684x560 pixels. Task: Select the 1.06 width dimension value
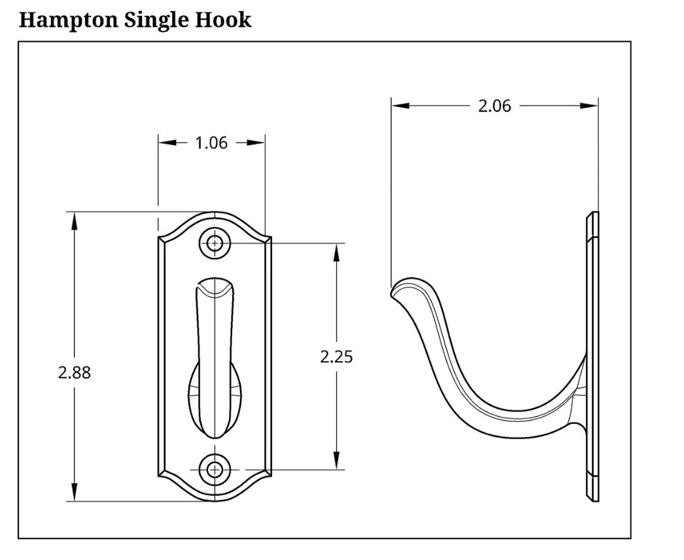pos(211,143)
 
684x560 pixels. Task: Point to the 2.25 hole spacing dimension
pos(336,357)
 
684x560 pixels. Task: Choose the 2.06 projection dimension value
pos(494,105)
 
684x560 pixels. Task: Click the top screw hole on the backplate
pos(214,243)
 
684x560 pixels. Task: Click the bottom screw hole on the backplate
pos(214,470)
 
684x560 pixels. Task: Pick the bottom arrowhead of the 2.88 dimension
pos(74,493)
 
